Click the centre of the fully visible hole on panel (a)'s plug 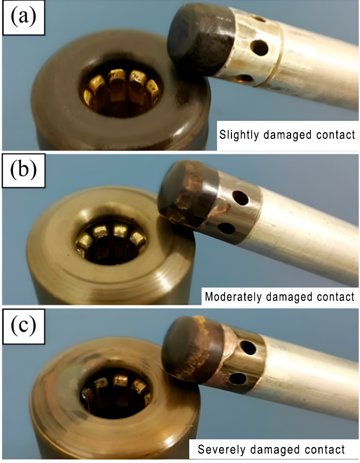259,47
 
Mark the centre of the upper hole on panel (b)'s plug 240,198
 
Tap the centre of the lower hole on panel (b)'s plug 227,228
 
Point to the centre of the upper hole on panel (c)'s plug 248,348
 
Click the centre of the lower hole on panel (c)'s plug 238,379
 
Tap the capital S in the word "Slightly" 223,135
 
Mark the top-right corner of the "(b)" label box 45,154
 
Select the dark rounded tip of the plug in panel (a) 201,39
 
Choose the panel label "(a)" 24,17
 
